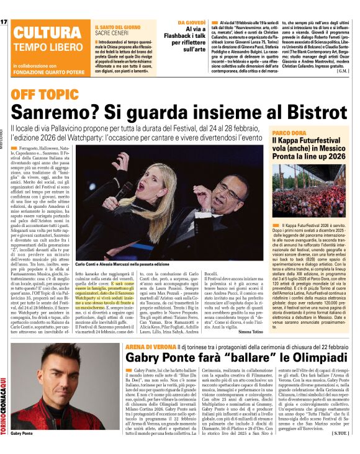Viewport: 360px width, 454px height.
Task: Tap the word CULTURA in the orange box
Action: pos(43,33)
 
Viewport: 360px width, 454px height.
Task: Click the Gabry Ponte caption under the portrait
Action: pos(20,434)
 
